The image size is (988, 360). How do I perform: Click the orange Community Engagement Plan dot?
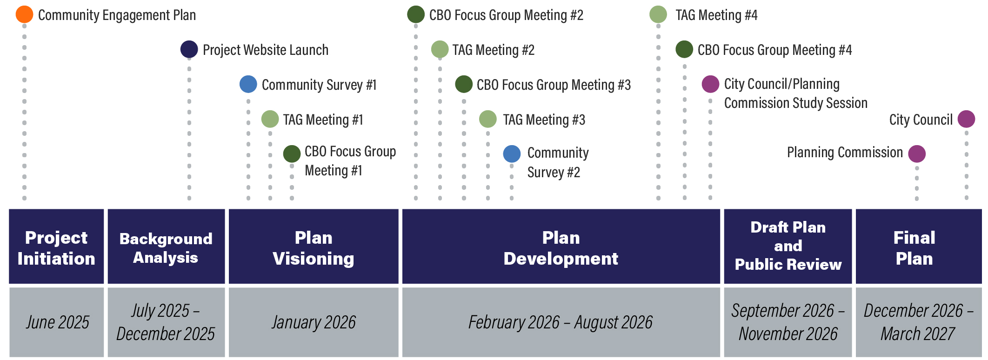(x=24, y=14)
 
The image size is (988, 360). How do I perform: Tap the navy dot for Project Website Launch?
(x=189, y=49)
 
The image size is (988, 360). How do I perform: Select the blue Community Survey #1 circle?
(x=248, y=84)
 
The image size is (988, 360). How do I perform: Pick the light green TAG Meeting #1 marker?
(x=270, y=119)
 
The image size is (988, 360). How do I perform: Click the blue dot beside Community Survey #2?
(x=512, y=154)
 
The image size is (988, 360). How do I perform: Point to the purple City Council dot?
(x=967, y=119)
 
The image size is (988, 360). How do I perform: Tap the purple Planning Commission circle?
(x=917, y=154)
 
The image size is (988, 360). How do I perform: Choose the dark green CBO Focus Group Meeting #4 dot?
(x=684, y=49)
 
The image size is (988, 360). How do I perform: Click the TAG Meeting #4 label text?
(x=716, y=15)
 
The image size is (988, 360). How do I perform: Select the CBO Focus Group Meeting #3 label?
(x=554, y=85)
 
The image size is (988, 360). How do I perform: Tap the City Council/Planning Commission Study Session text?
(x=796, y=93)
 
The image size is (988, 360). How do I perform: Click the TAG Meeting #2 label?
(x=494, y=50)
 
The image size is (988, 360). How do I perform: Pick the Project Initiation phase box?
(x=56, y=247)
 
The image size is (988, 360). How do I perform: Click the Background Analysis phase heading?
(x=166, y=248)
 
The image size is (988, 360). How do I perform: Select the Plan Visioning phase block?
(x=314, y=247)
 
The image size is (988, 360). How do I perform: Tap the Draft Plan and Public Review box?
(x=788, y=247)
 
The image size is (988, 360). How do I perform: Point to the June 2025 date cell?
(x=56, y=322)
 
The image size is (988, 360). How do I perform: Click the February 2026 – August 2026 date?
(x=561, y=322)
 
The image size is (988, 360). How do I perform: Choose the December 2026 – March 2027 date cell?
(x=919, y=322)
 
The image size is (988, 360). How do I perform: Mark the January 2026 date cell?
(x=314, y=322)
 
